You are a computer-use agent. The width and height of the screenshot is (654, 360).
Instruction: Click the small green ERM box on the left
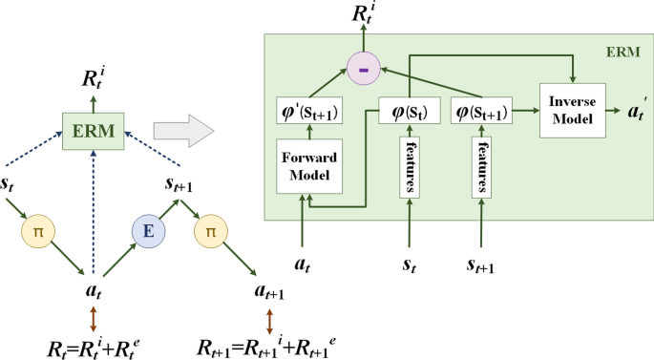93,130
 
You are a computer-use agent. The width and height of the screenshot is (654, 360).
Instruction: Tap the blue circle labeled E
147,232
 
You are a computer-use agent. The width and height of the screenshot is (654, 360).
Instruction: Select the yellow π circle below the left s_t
35,232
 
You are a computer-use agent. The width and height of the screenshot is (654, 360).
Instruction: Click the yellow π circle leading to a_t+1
210,232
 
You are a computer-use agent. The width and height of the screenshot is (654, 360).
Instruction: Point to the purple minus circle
362,70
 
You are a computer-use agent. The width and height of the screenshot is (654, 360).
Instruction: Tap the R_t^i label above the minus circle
362,17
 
